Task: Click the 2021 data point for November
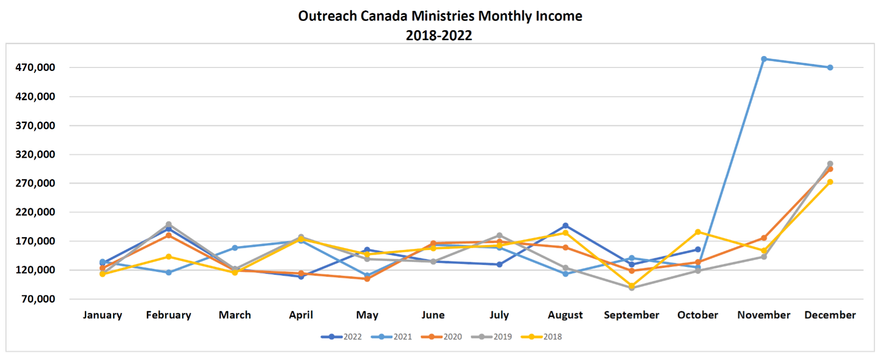[764, 59]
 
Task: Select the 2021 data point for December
[830, 67]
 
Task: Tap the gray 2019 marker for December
[830, 164]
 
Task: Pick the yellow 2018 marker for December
[830, 182]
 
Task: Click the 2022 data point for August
[566, 226]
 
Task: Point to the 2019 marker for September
[631, 288]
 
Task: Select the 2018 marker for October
[698, 232]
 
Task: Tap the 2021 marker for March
[235, 248]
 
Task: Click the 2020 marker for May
[367, 279]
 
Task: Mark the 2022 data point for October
[698, 249]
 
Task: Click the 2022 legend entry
[342, 337]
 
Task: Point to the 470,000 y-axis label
[35, 67]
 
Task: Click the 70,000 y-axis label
[38, 299]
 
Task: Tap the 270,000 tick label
[35, 183]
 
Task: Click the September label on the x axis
[631, 315]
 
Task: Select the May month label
[367, 315]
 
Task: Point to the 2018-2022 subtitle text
[439, 35]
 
